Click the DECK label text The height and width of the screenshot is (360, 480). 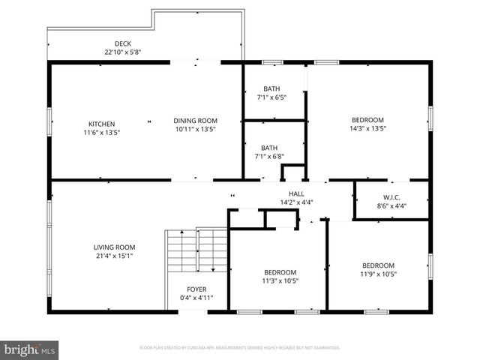click(x=123, y=43)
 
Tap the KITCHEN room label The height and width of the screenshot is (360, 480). click(x=101, y=124)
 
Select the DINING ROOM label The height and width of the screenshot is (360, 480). click(x=195, y=121)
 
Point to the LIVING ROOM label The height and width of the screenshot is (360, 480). click(x=114, y=247)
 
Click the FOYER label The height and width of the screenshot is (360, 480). click(x=196, y=289)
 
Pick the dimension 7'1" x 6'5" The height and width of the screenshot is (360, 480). click(x=271, y=97)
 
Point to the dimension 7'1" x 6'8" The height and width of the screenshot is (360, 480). click(x=271, y=157)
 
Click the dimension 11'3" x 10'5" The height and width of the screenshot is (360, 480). click(x=280, y=281)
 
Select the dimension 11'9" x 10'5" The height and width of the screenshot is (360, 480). click(x=378, y=274)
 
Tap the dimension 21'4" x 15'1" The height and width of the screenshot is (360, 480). click(x=114, y=256)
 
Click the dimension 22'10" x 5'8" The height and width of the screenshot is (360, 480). click(x=123, y=52)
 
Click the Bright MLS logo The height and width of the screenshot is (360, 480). click(x=30, y=349)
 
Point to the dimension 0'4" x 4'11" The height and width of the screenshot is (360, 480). click(x=196, y=298)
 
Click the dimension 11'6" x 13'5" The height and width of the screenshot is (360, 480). click(x=101, y=132)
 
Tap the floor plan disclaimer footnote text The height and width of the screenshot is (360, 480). click(x=240, y=348)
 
